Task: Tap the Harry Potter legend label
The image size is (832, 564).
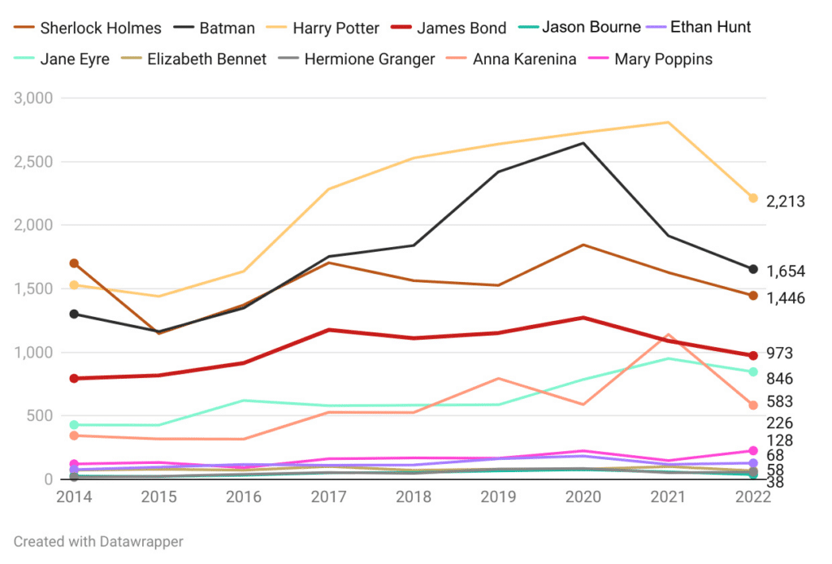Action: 336,28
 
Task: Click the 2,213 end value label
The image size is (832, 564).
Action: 785,201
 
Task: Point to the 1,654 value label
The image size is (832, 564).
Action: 785,271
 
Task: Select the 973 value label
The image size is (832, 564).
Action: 780,354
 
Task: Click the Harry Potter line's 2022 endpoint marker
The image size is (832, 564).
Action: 753,198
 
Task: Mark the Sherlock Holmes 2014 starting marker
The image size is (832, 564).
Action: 74,263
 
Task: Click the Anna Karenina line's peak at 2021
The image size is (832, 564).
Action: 668,335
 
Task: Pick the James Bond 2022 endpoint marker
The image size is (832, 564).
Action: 753,355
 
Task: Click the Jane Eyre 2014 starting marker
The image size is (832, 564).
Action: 74,425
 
